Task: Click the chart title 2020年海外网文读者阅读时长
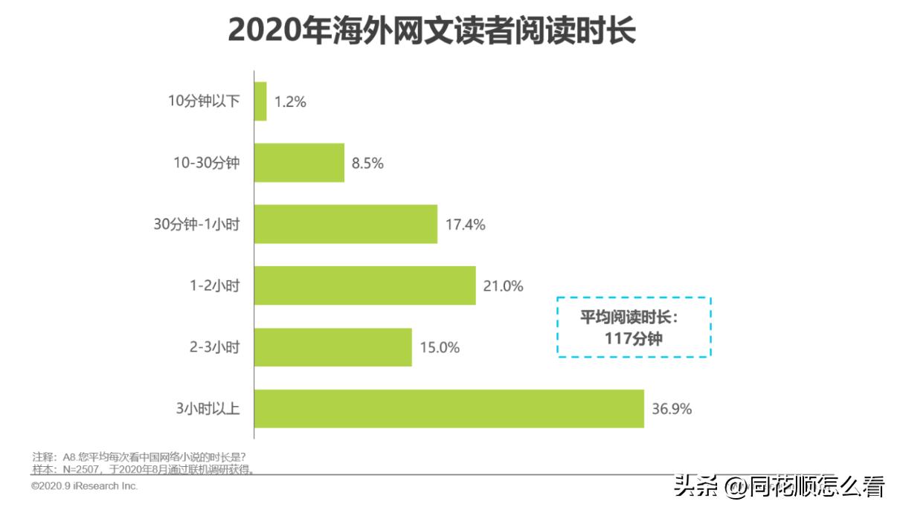coord(431,30)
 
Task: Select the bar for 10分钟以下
coord(260,101)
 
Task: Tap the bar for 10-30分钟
coord(299,163)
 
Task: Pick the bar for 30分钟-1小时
coord(345,224)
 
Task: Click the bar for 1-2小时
coord(364,285)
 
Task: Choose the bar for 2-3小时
coord(332,347)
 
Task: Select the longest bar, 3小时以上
coord(449,408)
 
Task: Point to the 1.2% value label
coord(290,102)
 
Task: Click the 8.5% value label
coord(367,164)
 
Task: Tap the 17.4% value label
coord(465,225)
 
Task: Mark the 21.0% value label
coord(504,286)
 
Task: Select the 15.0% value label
coord(440,347)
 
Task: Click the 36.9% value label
coord(672,409)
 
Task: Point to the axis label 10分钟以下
coord(204,102)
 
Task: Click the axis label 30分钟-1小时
coord(196,225)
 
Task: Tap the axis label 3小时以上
coord(208,409)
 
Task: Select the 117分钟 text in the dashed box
coord(634,339)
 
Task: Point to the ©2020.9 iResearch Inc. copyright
coord(85,486)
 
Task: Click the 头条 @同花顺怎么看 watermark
coord(780,488)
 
